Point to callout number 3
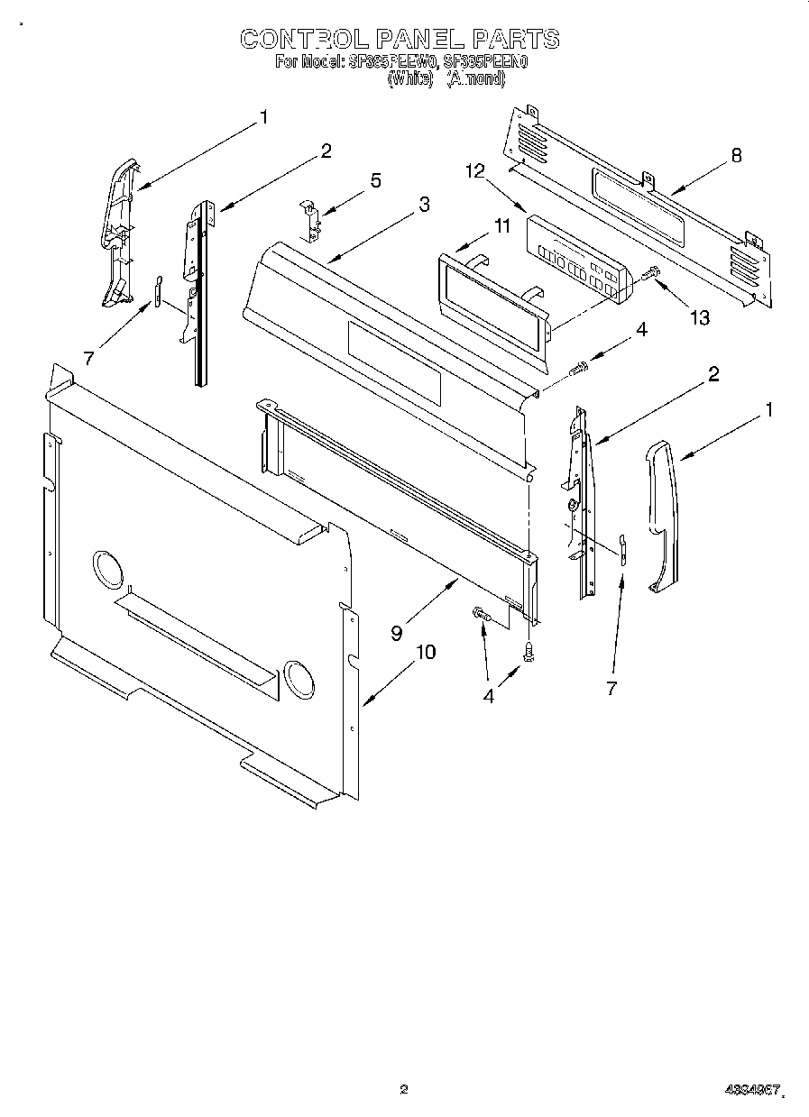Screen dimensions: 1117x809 point(423,205)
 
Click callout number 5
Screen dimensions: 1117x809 point(374,180)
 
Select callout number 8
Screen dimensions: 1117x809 point(736,154)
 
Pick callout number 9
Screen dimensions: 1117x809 point(397,632)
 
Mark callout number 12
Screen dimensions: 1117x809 point(475,170)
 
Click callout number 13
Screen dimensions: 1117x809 point(698,317)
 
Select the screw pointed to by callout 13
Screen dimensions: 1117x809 point(651,273)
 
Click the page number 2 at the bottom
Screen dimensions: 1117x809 point(404,1089)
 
